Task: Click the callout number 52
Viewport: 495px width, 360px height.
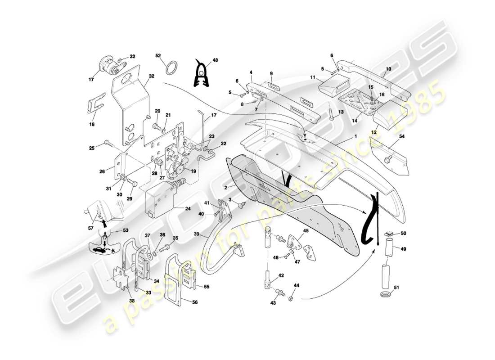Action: point(158,55)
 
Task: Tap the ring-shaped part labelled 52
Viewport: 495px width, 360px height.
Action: point(171,69)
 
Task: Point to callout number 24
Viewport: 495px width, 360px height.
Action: point(188,208)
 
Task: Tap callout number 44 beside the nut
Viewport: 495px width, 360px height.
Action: point(297,285)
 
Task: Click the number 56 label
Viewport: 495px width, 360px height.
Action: point(194,302)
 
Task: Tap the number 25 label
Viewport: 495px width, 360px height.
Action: point(92,148)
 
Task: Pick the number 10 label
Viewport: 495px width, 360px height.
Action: point(389,69)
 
